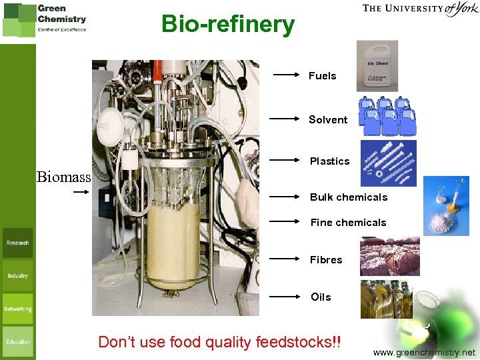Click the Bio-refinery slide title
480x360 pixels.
tap(227, 25)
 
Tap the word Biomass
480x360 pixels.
tap(64, 177)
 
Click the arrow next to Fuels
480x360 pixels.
tap(287, 75)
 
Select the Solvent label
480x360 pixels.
tap(328, 120)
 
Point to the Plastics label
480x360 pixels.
tap(329, 161)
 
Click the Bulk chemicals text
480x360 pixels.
tap(349, 197)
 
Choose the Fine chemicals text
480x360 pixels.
tap(348, 223)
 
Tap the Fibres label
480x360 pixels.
tap(326, 260)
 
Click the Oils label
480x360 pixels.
tap(321, 297)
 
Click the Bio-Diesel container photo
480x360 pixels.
tap(377, 65)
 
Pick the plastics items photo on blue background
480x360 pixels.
tap(388, 163)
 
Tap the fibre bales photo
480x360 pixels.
tap(390, 257)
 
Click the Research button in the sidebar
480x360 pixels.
tap(18, 243)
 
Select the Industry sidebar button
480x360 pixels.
tap(18, 275)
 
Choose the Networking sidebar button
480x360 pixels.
tap(18, 309)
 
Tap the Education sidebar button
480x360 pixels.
tap(18, 341)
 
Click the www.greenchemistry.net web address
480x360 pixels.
tap(425, 352)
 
